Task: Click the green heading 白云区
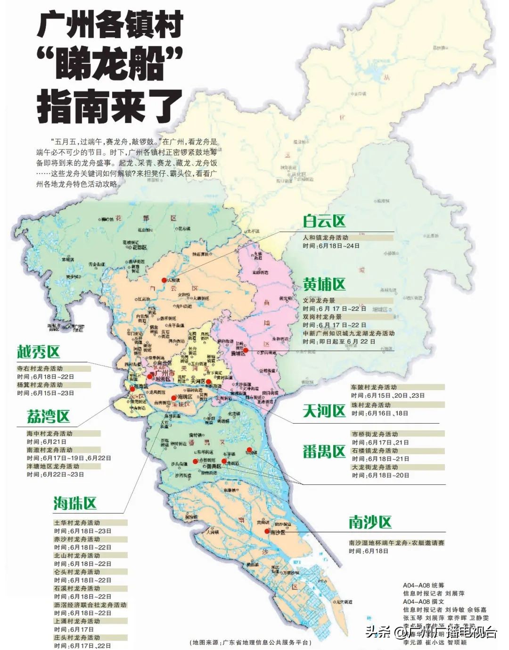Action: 324,221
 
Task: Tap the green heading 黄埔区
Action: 324,284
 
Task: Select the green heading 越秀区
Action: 39,352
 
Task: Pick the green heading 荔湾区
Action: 48,417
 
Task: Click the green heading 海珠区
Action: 74,503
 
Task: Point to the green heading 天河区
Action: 324,411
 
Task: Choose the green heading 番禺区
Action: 324,452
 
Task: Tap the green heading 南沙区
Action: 370,522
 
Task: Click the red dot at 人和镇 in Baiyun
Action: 164,280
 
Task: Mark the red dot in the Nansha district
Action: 267,531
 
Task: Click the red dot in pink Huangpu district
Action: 246,350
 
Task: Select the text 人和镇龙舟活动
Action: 325,238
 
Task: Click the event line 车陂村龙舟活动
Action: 374,387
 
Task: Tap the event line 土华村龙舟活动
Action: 77,523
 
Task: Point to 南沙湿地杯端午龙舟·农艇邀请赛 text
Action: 396,543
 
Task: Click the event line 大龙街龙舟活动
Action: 375,467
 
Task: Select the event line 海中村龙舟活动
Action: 49,433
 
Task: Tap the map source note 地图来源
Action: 250,642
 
